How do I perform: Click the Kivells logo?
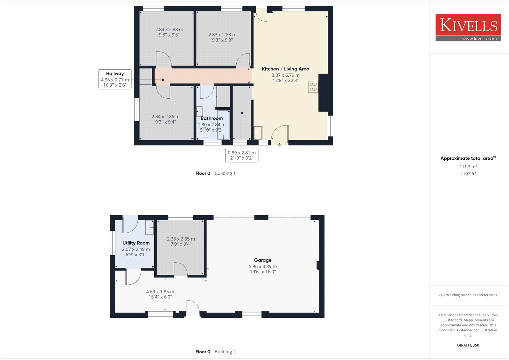(x=468, y=27)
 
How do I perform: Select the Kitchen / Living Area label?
(x=285, y=69)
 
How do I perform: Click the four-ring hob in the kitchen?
(x=313, y=87)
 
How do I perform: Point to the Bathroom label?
(x=212, y=118)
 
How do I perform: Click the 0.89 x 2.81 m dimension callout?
(x=242, y=155)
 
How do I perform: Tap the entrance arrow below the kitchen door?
(x=280, y=145)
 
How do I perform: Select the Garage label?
(x=263, y=260)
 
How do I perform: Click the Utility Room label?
(x=136, y=243)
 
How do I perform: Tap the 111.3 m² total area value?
(x=468, y=167)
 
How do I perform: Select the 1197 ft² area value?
(x=468, y=174)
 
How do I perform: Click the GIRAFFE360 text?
(x=468, y=345)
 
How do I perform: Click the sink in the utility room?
(x=150, y=227)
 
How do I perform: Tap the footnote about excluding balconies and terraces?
(x=468, y=295)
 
